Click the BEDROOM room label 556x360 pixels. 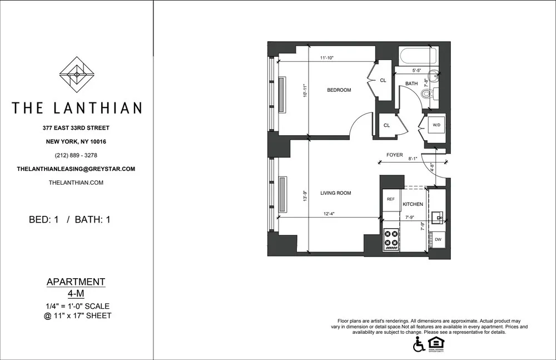pyautogui.click(x=339, y=90)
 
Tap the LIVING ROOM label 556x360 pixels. pyautogui.click(x=336, y=193)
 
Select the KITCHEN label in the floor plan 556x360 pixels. pyautogui.click(x=413, y=204)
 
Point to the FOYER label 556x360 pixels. pyautogui.click(x=394, y=155)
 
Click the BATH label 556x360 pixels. pyautogui.click(x=411, y=83)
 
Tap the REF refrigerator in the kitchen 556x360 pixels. pyautogui.click(x=390, y=199)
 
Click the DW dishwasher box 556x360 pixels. pyautogui.click(x=438, y=239)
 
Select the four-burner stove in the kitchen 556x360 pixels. pyautogui.click(x=391, y=238)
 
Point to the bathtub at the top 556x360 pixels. pyautogui.click(x=418, y=56)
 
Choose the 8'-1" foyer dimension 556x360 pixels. pyautogui.click(x=413, y=159)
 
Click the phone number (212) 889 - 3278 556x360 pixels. pyautogui.click(x=76, y=155)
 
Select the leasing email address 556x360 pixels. pyautogui.click(x=76, y=169)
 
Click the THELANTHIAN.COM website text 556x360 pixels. pyautogui.click(x=76, y=183)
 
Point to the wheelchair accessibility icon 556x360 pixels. pyautogui.click(x=418, y=345)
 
